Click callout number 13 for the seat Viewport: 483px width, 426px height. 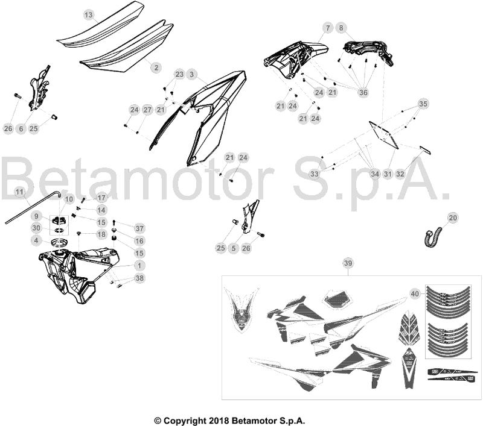pos(88,14)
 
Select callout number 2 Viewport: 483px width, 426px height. pos(156,67)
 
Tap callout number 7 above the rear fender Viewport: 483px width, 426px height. pos(328,28)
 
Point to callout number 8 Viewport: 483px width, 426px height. pos(341,28)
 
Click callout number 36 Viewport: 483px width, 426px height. pos(363,92)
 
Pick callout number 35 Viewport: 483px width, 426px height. pos(423,104)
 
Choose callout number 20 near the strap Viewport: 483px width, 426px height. pos(453,218)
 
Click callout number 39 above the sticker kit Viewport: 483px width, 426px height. pos(348,263)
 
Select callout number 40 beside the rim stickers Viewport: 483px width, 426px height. pos(415,294)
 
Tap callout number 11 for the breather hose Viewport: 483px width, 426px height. pos(19,192)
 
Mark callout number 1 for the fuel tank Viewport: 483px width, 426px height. pos(139,266)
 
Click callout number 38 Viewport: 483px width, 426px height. pos(139,278)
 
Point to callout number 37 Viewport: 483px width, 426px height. pos(139,228)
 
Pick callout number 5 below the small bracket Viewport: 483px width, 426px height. pos(233,248)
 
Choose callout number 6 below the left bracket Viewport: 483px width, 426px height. pos(21,128)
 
